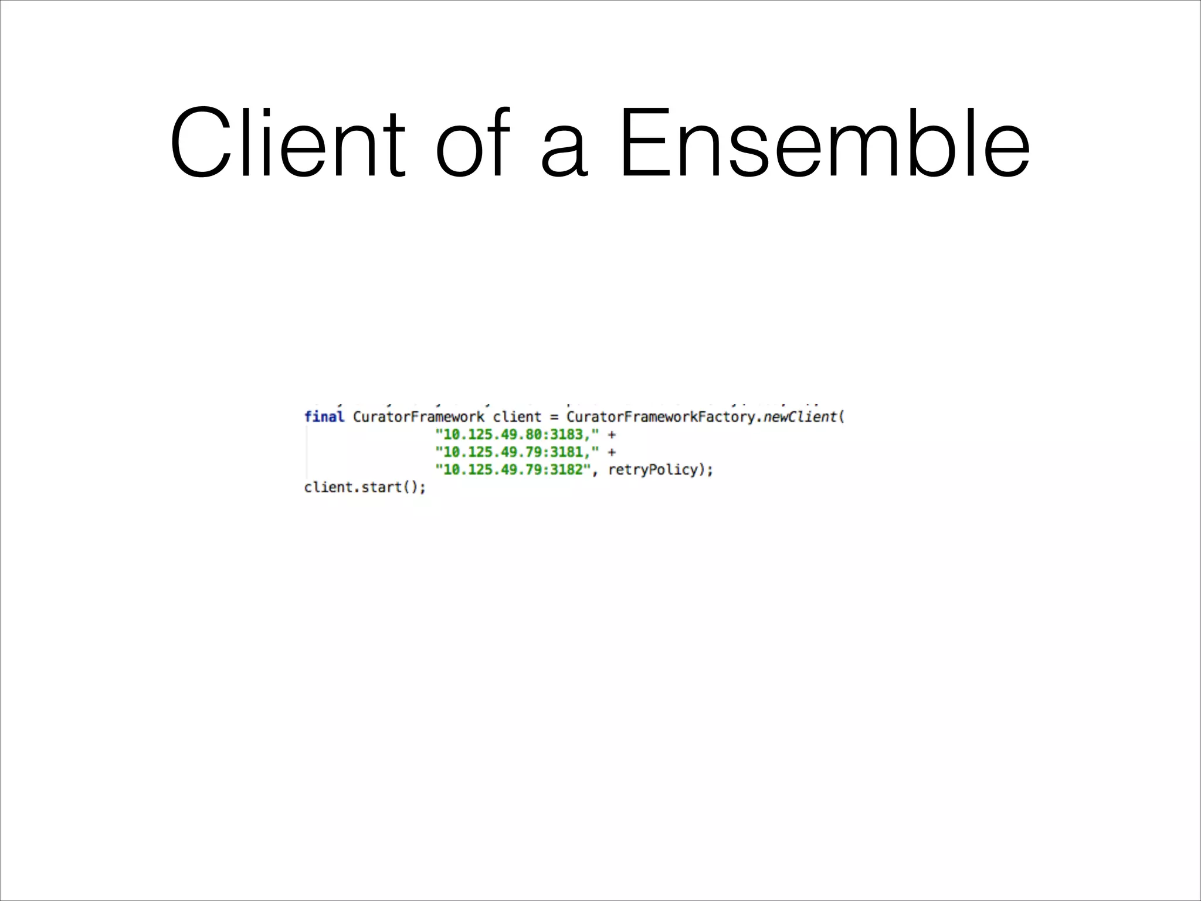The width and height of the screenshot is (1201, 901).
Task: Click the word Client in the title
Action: point(287,143)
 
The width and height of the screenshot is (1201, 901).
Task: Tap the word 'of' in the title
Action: point(473,143)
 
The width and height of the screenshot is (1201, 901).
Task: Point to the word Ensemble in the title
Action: point(823,143)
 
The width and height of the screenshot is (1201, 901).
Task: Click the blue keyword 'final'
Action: point(324,417)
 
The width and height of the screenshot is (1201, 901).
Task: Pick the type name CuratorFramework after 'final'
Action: point(419,417)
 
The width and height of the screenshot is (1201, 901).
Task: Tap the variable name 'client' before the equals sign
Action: point(517,417)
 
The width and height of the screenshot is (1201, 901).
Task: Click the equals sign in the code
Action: point(554,418)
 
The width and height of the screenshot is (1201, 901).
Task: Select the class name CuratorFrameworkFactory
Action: point(660,417)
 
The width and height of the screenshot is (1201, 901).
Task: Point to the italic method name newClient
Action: point(800,417)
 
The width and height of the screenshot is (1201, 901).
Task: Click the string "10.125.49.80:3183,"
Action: point(517,435)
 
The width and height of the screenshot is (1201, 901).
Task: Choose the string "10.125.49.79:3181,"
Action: point(517,452)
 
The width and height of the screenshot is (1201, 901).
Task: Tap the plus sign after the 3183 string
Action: point(612,435)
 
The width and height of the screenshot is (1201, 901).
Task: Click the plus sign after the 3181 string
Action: point(612,453)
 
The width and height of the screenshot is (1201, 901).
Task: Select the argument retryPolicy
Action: point(653,470)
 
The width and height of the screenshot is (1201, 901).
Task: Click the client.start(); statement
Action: point(365,487)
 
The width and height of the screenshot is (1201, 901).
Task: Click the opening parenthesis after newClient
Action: point(842,418)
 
